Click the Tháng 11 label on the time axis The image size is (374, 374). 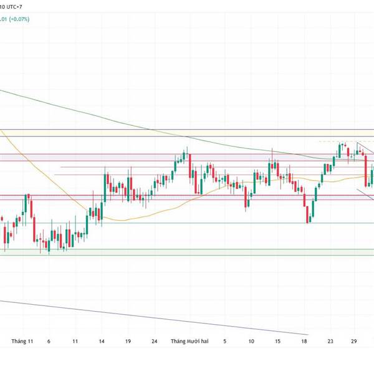click(21, 342)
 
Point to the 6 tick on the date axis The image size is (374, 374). click(48, 342)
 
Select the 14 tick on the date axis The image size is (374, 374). click(102, 342)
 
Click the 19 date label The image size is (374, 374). click(127, 342)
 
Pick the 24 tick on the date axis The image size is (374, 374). click(154, 342)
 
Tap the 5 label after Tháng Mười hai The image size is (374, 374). click(225, 342)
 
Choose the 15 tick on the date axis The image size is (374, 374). click(277, 342)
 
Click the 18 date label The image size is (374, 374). click(304, 342)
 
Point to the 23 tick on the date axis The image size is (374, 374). click(330, 342)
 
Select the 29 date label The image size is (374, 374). click(354, 342)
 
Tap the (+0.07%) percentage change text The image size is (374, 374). click(17, 19)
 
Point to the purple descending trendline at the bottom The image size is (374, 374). click(156, 318)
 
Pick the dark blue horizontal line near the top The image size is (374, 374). click(187, 130)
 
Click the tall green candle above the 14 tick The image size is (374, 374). click(103, 186)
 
